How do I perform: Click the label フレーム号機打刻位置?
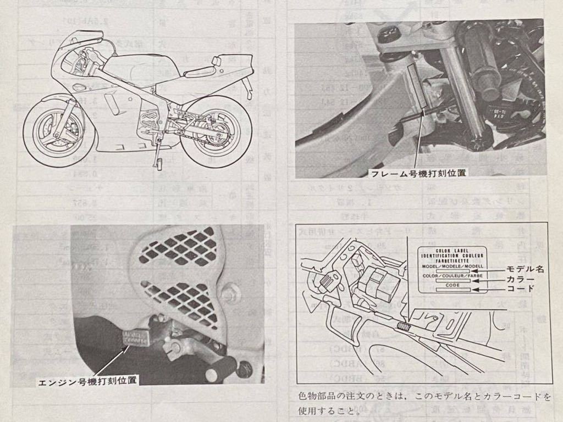pos(418,173)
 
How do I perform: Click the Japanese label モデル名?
pos(525,269)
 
